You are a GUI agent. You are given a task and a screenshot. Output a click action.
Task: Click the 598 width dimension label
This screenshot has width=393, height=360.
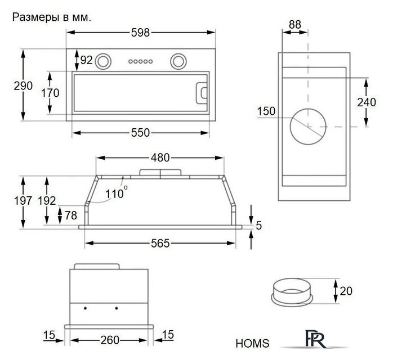pos(140,33)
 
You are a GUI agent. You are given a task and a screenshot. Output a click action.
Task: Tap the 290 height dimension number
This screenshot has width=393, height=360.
pos(23,86)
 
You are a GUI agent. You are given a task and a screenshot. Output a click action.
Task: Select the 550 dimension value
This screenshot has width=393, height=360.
pos(140,133)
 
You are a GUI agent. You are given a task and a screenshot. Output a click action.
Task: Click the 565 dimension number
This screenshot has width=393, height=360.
pos(160,244)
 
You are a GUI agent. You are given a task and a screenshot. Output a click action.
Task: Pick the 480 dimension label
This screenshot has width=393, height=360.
pos(160,158)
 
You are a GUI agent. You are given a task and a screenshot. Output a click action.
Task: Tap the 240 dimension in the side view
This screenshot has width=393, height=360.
pos(367,102)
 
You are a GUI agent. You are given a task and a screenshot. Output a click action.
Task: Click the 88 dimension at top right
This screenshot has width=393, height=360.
pos(295,25)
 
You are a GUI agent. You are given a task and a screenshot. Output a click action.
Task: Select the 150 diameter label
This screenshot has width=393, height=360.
pos(266,111)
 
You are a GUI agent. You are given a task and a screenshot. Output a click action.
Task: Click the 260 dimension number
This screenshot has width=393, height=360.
pos(110,340)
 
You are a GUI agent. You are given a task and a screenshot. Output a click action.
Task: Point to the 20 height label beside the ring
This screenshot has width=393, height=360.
pos(346,291)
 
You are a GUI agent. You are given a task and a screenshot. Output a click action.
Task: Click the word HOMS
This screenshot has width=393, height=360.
pos(252,344)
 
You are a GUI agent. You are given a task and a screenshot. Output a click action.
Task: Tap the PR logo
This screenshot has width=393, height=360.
pos(315,339)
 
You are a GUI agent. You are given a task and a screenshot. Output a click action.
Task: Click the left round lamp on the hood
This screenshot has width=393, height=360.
pos(103,61)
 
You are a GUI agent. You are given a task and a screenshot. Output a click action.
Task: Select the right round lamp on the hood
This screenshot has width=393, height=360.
pos(178,61)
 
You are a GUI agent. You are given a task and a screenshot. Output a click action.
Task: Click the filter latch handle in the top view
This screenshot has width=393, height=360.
pos(202,93)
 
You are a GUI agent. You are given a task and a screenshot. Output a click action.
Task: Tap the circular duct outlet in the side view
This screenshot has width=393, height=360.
pos(308,127)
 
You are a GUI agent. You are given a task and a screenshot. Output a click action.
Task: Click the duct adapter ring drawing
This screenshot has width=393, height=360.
pos(292,291)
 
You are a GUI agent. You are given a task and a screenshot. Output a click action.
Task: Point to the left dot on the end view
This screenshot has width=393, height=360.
pos(85,308)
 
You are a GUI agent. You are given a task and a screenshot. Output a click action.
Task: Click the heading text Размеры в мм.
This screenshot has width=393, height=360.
pos(52,17)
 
